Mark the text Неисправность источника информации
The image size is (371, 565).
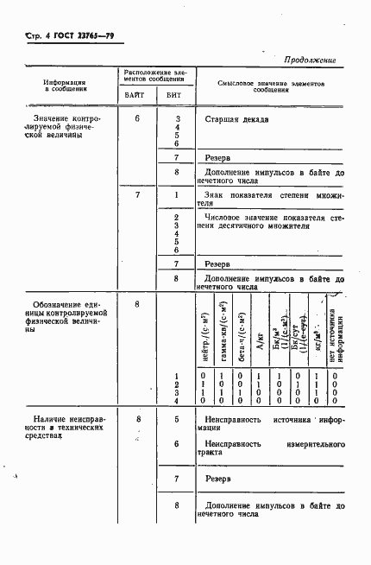(x=269, y=423)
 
